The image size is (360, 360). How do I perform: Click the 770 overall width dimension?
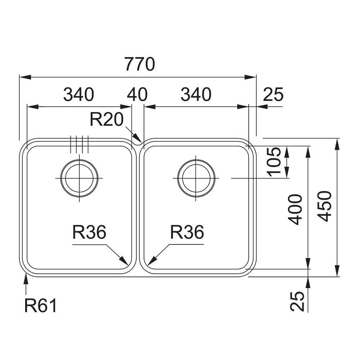[140, 64]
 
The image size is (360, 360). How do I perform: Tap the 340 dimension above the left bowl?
[78, 94]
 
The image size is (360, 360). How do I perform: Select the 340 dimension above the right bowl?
[196, 94]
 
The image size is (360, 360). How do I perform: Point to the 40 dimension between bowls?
[137, 94]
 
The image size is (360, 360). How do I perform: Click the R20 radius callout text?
[106, 120]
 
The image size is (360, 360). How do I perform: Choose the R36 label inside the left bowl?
[89, 232]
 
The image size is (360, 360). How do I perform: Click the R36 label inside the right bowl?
[187, 232]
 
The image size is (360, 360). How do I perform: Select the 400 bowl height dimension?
[296, 210]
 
